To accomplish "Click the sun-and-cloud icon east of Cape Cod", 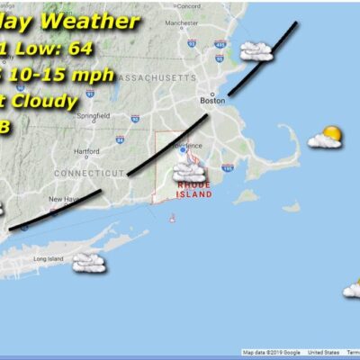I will point(326,137).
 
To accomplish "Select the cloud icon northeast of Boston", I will point(256,51).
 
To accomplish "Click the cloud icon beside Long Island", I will point(88,262).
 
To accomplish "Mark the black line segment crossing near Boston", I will point(261,58).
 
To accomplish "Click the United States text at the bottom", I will point(319,353).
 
